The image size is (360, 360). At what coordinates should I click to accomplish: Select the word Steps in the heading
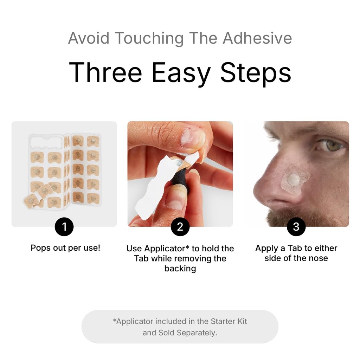pos(256,72)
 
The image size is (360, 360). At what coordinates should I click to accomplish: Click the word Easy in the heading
pos(181,72)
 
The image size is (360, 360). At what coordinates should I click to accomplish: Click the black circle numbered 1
pos(64,227)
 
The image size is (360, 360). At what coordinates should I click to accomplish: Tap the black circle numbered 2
pos(180,227)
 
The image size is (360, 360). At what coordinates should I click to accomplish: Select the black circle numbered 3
pos(296,227)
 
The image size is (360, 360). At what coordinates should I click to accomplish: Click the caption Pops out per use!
pos(65,248)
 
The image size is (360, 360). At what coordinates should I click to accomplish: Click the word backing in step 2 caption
pos(180,269)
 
